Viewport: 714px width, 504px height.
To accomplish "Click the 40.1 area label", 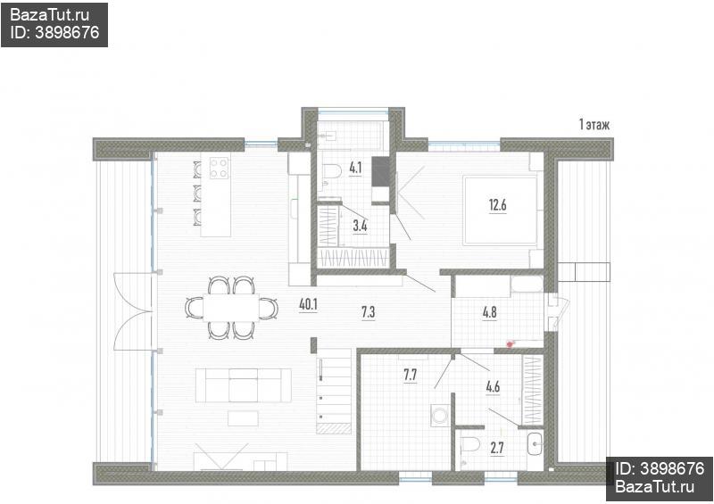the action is (x=308, y=304).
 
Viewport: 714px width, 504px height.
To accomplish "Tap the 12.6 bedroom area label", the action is (x=498, y=205).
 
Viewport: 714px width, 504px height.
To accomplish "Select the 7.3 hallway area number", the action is (x=368, y=312).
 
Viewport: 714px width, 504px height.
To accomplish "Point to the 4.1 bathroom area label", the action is (x=355, y=168).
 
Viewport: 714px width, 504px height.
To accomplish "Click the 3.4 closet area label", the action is (x=360, y=226).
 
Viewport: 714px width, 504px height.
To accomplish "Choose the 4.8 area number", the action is (x=489, y=313).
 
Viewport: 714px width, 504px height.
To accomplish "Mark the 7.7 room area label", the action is (x=410, y=375).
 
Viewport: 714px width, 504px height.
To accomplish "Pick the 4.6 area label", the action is (x=493, y=387).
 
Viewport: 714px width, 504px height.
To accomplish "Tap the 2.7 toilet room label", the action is (x=497, y=448).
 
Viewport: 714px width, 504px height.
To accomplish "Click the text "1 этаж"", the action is (x=594, y=124).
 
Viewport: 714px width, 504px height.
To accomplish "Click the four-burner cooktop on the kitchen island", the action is (x=219, y=167).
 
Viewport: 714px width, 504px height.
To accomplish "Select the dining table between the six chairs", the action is (x=231, y=308).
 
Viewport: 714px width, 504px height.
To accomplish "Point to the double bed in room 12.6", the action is (x=501, y=211).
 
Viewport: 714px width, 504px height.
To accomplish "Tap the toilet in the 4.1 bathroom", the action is (x=332, y=172).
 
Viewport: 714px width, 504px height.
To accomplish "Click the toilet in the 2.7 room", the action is (x=470, y=444).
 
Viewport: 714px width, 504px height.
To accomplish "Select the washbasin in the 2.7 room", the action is (x=535, y=443).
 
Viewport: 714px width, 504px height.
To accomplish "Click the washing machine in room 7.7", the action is (x=439, y=414).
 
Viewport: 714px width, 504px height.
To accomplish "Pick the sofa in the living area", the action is (x=244, y=385).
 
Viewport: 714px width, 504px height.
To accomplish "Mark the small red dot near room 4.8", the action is (x=510, y=344).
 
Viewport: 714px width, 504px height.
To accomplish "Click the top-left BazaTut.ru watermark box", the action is (x=54, y=24).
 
